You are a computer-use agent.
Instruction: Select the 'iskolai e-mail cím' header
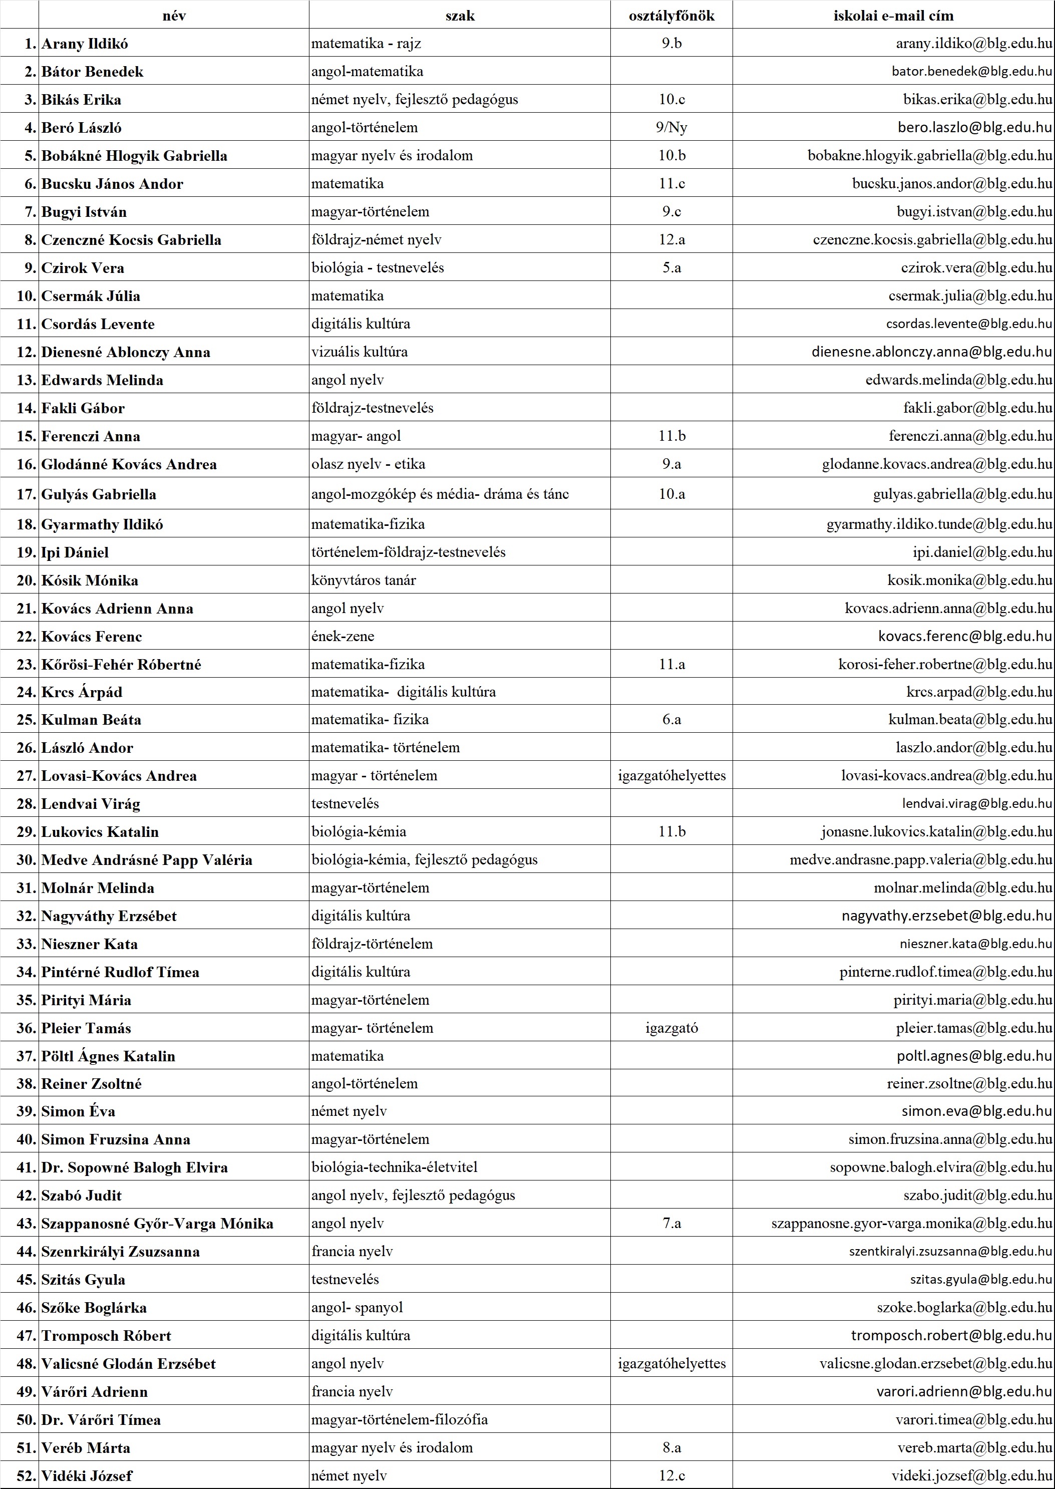(x=893, y=16)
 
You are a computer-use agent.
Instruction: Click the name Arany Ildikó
(x=85, y=44)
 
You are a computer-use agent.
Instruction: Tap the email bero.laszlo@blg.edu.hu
(x=974, y=127)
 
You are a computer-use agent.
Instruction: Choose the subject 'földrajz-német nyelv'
(x=376, y=240)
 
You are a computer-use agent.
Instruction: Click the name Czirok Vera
(x=83, y=267)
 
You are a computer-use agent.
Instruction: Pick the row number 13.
(x=26, y=380)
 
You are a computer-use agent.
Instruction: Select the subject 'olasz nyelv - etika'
(x=369, y=464)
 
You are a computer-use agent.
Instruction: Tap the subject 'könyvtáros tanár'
(x=363, y=580)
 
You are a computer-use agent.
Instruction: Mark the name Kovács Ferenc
(x=92, y=636)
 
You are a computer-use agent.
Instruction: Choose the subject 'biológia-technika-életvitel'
(x=395, y=1167)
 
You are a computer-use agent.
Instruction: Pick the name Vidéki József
(x=87, y=1475)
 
